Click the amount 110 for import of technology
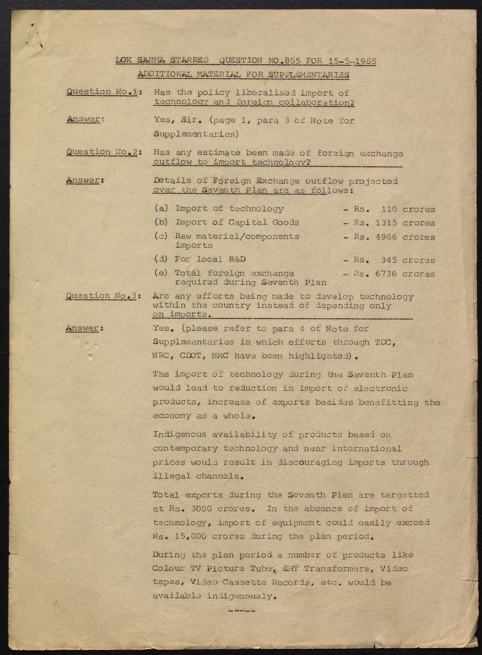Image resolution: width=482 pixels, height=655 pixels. pyautogui.click(x=389, y=209)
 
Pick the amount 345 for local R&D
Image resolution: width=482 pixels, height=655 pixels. pyautogui.click(x=389, y=260)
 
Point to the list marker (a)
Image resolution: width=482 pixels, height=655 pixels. pyautogui.click(x=161, y=208)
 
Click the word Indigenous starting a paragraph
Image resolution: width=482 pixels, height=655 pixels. pyautogui.click(x=179, y=435)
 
